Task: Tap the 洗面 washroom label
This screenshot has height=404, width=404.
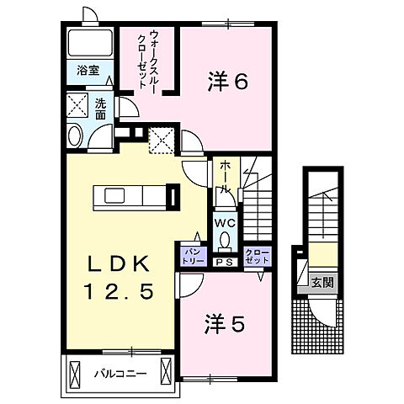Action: coord(100,107)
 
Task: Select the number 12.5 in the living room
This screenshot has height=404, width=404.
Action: coord(117,293)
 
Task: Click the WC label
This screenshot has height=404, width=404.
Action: coord(225,223)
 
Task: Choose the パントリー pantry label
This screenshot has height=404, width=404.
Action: coord(189,254)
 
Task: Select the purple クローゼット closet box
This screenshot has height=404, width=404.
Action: coord(253,255)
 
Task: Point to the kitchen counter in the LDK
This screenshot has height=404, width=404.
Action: coord(134,196)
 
